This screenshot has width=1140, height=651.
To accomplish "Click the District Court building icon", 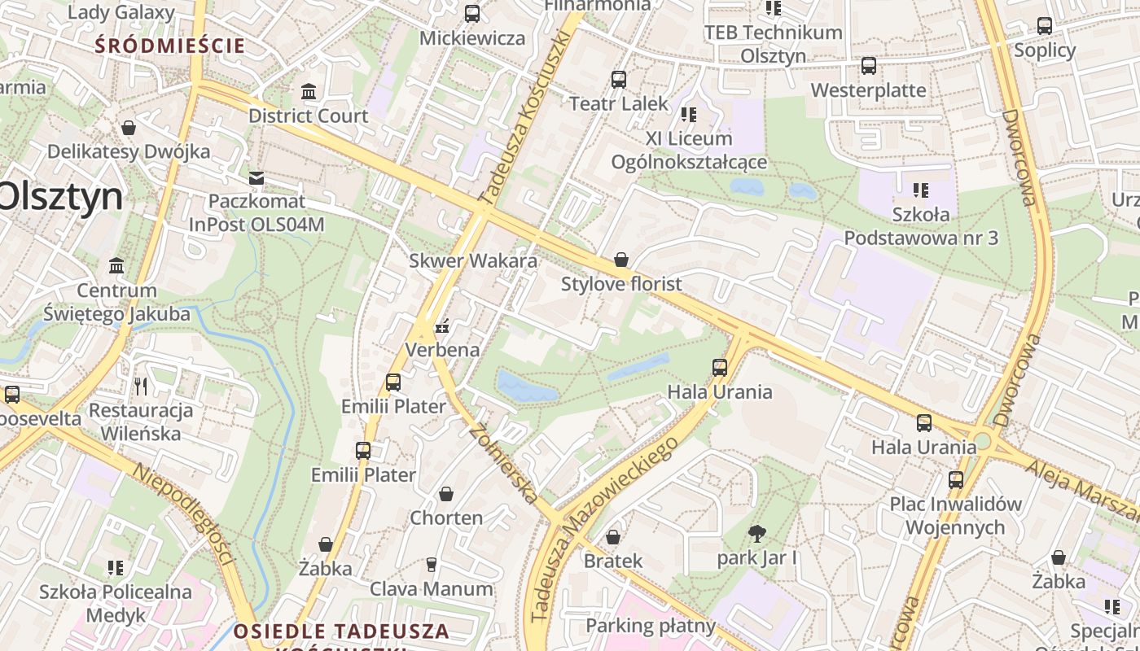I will pos(309,92).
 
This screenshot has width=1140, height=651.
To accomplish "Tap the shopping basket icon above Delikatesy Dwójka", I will pos(128,128).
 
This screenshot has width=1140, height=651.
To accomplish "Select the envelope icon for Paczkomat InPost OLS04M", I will pos(256,177).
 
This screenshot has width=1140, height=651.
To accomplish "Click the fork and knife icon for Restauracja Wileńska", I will pos(142,386).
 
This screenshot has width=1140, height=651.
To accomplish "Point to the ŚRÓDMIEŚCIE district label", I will pos(169,46).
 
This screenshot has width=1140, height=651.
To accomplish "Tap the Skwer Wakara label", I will pos(473,261).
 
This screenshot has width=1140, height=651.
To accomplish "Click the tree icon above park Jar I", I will pos(756,534).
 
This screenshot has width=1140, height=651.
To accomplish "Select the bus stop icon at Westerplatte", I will pos(869,66).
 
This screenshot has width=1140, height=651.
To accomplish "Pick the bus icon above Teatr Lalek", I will pos(619,80).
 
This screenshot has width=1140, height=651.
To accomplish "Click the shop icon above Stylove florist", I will pos(621,260).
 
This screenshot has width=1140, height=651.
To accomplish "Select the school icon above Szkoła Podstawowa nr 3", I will pos(921,190).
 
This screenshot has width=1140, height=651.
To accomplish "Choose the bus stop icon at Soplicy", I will pos(1045,26).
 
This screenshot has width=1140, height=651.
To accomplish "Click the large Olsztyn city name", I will pos(61,196).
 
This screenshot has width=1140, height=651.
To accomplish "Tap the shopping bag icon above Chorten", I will pos(446,494).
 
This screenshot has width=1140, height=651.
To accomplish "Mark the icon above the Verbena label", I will pos(442,327).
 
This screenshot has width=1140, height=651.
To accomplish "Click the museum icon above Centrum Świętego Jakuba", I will pos(116,266).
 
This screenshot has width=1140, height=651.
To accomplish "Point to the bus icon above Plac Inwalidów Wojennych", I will pos(955,480).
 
